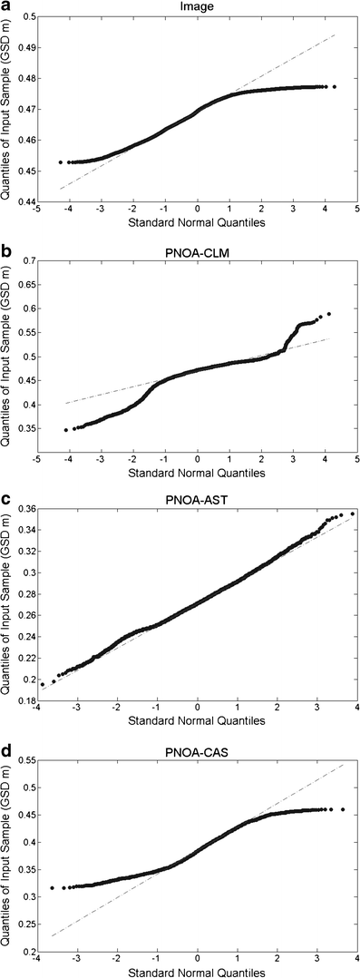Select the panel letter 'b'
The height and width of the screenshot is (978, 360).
[6, 249]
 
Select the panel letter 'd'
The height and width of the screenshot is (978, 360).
[6, 738]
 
